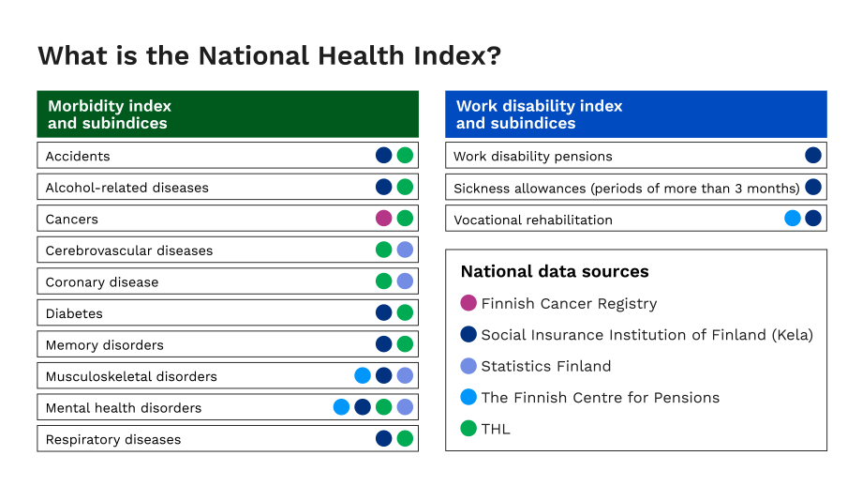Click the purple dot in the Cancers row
[x=383, y=219]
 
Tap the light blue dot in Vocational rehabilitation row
[x=793, y=219]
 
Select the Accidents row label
[x=78, y=156]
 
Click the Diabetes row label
[x=74, y=313]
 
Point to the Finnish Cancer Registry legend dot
[x=468, y=303]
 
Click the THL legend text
[x=496, y=429]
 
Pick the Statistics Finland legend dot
[x=468, y=366]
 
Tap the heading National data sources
[x=555, y=271]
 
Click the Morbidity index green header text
[x=109, y=114]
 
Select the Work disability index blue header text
[x=539, y=114]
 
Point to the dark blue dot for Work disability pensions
[x=813, y=156]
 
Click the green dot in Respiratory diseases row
[x=405, y=438]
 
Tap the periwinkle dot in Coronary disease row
[x=405, y=281]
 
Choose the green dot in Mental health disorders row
[x=383, y=407]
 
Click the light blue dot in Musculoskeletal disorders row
[x=363, y=376]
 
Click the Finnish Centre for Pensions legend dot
[x=468, y=397]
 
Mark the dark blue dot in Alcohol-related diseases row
[x=383, y=187]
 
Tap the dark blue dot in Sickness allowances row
[x=813, y=187]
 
